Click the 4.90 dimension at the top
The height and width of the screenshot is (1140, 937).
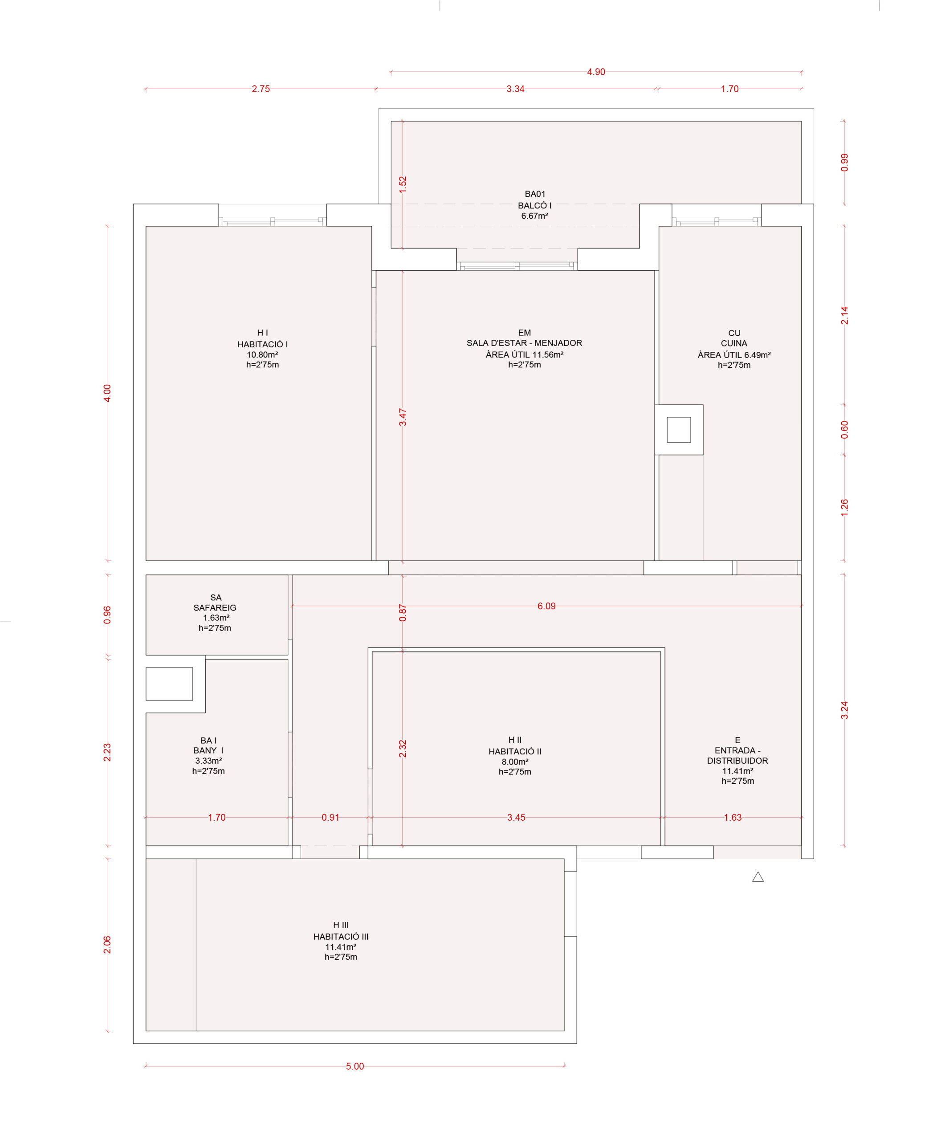pyautogui.click(x=596, y=72)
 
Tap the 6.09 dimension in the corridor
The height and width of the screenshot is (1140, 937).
pyautogui.click(x=546, y=606)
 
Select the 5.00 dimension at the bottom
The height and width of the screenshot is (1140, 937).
pyautogui.click(x=354, y=1066)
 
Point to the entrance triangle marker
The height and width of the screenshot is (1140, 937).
pyautogui.click(x=758, y=877)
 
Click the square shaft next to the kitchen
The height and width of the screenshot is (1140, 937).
pyautogui.click(x=678, y=430)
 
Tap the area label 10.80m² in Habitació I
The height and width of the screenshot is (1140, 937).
pyautogui.click(x=262, y=354)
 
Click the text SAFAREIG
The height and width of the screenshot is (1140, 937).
pyautogui.click(x=215, y=607)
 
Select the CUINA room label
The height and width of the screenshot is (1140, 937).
pyautogui.click(x=734, y=343)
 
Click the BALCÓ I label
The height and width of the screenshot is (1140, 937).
pyautogui.click(x=534, y=206)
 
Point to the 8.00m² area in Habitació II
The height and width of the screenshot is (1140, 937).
pyautogui.click(x=515, y=761)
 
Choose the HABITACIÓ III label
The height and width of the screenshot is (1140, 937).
pyautogui.click(x=341, y=936)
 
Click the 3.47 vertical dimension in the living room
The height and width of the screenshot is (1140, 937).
pyautogui.click(x=403, y=417)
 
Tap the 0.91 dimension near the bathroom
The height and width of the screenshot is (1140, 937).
pyautogui.click(x=330, y=817)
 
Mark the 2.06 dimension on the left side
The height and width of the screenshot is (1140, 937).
pyautogui.click(x=107, y=945)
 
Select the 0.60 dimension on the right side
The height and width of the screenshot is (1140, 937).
pyautogui.click(x=844, y=430)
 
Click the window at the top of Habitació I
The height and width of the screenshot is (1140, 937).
pyautogui.click(x=273, y=221)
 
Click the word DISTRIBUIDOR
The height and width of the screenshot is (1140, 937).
pyautogui.click(x=737, y=761)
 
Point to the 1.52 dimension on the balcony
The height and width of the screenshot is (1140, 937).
pyautogui.click(x=403, y=185)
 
